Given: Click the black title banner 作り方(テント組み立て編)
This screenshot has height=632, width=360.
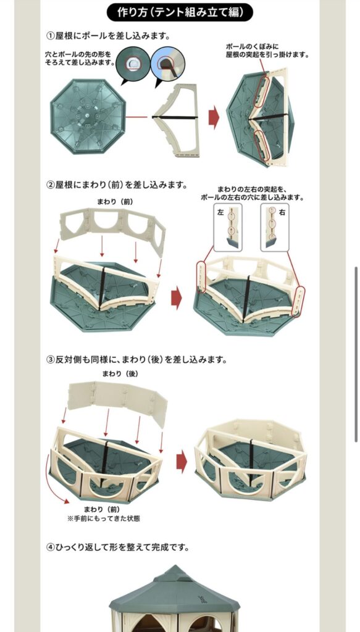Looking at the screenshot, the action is pos(180,12).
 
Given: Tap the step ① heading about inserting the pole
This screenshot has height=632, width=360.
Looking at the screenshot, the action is pos(108,36).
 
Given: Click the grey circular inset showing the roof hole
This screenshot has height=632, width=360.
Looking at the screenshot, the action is pos(133,64).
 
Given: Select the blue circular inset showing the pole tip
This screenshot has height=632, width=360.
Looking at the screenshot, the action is pos(168,64).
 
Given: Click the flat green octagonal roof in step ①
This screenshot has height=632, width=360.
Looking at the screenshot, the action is pos(88,117).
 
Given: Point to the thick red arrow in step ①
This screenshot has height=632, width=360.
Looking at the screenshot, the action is pos(214,117).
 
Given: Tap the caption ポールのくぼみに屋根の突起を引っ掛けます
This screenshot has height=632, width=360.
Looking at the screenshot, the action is pos(267,51).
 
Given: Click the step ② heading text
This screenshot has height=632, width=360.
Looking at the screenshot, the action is pos(117,185).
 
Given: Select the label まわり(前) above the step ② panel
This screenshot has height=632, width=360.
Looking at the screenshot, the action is pos(115,202).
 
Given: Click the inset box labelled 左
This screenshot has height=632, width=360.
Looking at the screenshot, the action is pos(228,227).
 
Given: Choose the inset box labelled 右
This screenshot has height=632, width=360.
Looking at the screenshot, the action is pos(275,227).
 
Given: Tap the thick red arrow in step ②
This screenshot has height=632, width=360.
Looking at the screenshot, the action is pos(176,298).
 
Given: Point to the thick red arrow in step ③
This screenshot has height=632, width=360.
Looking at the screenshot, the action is pos(182,461).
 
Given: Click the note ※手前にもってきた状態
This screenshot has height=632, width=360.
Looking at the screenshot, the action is pos(104,518).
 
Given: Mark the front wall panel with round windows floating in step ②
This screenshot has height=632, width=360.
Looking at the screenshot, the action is pos(112,230).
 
